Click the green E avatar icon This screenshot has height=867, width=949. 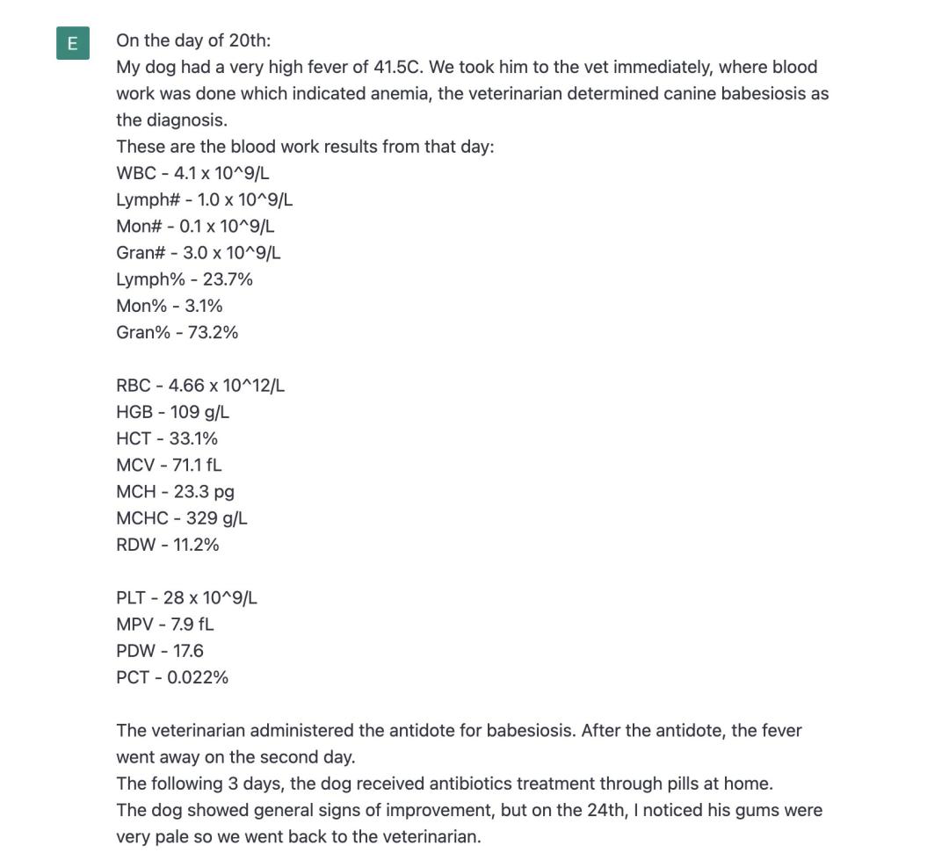(x=73, y=43)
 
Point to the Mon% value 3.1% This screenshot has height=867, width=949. (x=204, y=306)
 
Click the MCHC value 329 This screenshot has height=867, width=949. (x=201, y=518)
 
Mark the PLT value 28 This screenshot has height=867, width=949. (x=174, y=598)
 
